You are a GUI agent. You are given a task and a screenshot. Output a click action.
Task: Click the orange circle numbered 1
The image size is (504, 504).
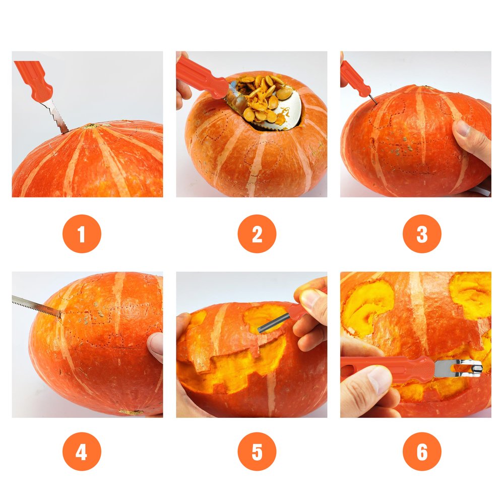click(82, 234)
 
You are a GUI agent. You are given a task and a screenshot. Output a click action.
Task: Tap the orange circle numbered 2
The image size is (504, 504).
click(257, 234)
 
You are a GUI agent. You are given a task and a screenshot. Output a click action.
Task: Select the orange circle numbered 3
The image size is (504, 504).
click(422, 234)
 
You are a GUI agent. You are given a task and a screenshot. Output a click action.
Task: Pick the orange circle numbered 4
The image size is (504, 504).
click(82, 451)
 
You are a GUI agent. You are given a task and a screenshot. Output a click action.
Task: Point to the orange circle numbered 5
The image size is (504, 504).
click(257, 451)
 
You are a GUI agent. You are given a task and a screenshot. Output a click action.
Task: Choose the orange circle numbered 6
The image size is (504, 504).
click(422, 451)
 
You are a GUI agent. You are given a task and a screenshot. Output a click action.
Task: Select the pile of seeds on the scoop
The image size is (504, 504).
click(264, 98)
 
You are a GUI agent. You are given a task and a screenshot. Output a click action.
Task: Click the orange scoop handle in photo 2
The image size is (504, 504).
click(201, 77)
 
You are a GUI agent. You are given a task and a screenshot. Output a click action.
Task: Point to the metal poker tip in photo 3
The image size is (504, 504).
click(373, 100)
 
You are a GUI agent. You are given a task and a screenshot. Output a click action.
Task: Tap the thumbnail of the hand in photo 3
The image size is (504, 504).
click(462, 128)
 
